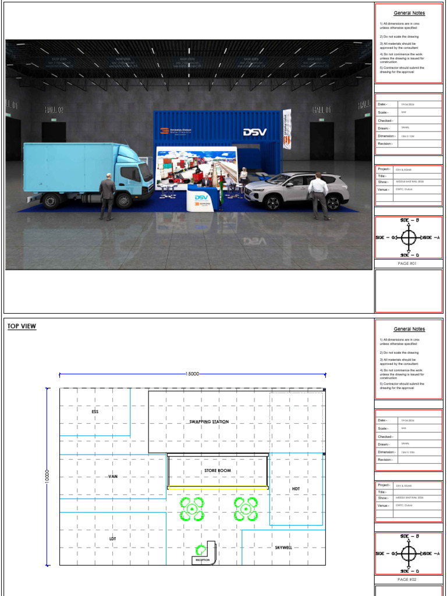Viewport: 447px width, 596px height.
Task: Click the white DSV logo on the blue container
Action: (254, 132)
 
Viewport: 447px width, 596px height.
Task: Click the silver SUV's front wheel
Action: (271, 201)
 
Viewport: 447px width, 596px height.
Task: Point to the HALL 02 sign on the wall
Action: (54, 109)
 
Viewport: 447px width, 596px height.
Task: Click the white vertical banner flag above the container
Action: (286, 129)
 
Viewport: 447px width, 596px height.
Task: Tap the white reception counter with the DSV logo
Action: (201, 202)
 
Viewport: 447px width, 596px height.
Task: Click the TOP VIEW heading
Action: (22, 327)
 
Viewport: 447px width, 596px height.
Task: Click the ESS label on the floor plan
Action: (95, 411)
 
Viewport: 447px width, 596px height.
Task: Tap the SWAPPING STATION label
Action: (209, 421)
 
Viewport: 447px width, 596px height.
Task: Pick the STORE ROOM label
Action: (217, 470)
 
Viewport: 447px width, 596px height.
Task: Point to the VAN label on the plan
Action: (113, 476)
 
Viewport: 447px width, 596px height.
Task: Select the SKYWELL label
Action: (283, 548)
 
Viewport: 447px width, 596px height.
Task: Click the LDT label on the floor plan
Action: (112, 539)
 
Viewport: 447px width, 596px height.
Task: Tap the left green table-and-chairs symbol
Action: (191, 509)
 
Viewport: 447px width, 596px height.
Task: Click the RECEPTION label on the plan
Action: (202, 560)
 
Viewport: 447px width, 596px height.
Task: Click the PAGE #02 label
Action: (408, 579)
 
